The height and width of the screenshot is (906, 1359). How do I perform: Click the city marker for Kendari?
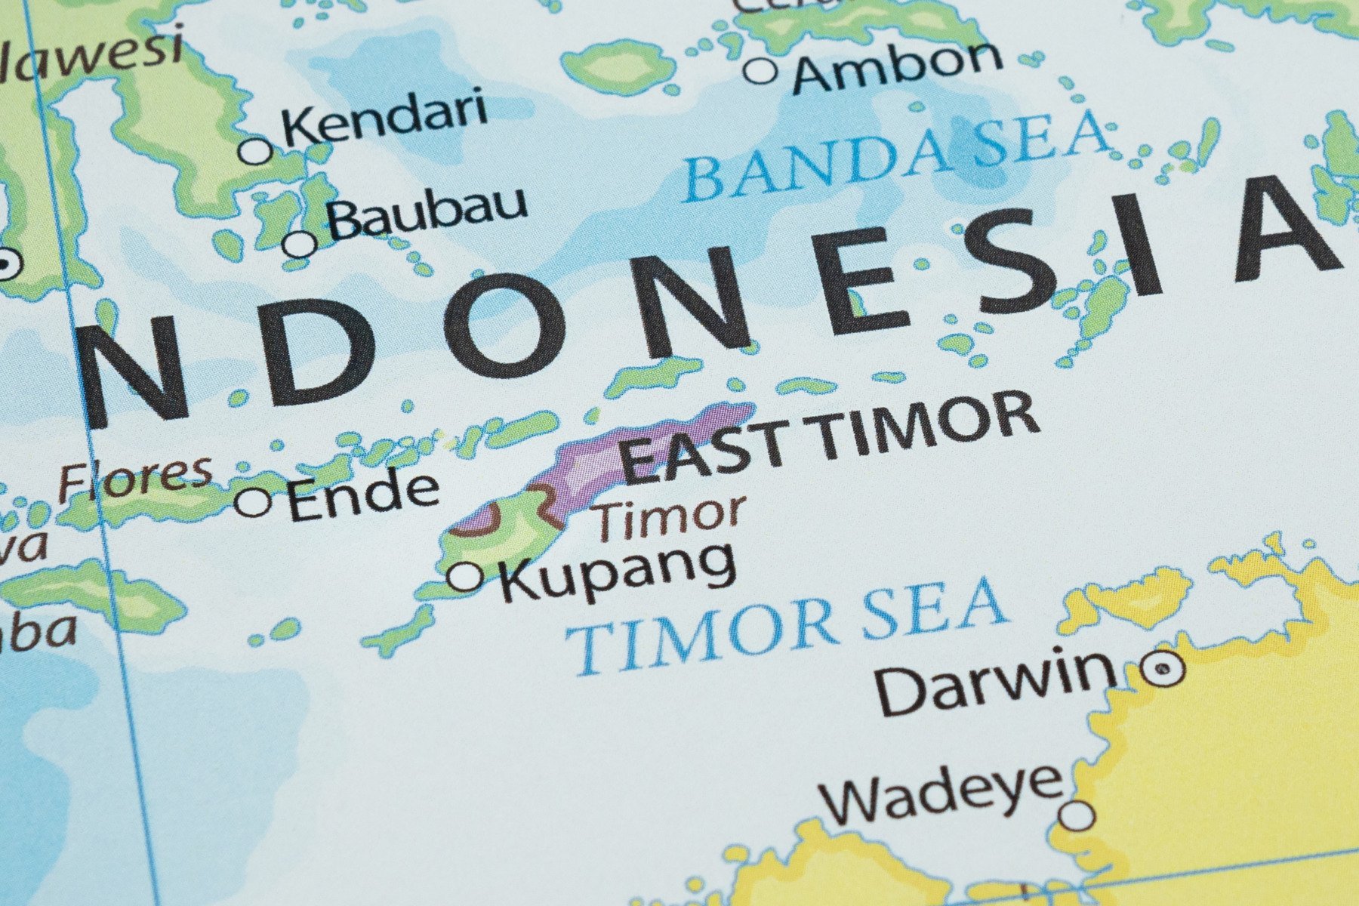pyautogui.click(x=256, y=150)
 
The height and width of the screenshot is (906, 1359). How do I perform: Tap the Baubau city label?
pyautogui.click(x=427, y=211)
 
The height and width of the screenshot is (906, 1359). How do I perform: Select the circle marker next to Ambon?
pyautogui.click(x=760, y=71)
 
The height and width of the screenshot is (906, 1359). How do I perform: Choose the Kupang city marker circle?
pyautogui.click(x=466, y=577)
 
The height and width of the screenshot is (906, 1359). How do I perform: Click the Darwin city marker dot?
pyautogui.click(x=1162, y=668)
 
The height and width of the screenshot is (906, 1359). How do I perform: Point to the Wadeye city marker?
pyautogui.click(x=1077, y=815)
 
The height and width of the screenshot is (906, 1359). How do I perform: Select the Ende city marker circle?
pyautogui.click(x=254, y=501)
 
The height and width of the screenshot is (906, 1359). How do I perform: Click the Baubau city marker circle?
pyautogui.click(x=300, y=244)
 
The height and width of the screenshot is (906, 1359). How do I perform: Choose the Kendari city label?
pyautogui.click(x=384, y=119)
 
